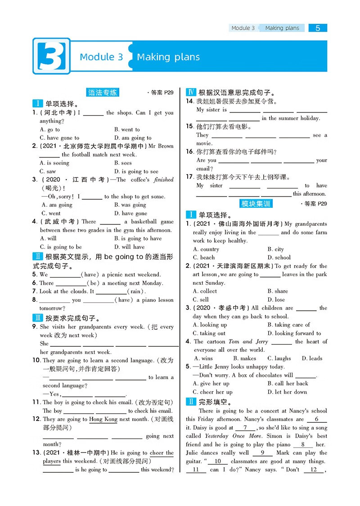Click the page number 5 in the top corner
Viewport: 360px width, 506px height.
tap(318, 28)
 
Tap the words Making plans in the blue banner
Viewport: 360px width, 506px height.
tap(168, 57)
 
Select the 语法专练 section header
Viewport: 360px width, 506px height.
tap(103, 93)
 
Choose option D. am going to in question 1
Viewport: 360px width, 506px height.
tap(133, 138)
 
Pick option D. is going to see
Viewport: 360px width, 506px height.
tap(136, 171)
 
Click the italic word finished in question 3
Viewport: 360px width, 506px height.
tap(163, 179)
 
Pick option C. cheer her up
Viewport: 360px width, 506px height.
tap(212, 392)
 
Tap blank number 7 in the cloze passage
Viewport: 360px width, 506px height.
tap(245, 428)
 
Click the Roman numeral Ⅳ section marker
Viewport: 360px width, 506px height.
tap(190, 93)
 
